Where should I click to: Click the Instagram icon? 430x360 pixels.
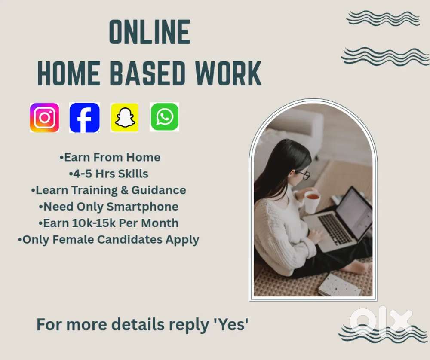[44, 117]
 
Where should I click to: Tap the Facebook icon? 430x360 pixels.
[85, 117]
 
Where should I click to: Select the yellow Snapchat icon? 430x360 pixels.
[125, 117]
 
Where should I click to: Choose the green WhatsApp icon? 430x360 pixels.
[164, 117]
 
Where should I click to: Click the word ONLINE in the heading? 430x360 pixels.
[150, 33]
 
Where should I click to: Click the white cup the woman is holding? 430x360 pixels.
[312, 201]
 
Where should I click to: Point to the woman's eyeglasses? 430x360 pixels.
[303, 174]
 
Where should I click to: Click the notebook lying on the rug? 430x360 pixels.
[340, 285]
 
